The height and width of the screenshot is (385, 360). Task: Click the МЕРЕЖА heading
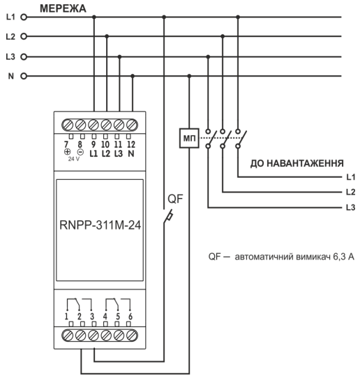(x=63, y=8)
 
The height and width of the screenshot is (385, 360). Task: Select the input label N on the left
(x=10, y=75)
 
